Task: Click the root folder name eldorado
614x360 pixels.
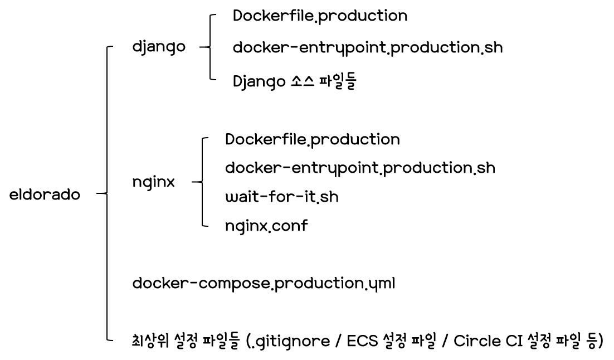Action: (x=45, y=196)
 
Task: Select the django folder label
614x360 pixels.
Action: (x=159, y=47)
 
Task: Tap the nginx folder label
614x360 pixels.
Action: (x=153, y=182)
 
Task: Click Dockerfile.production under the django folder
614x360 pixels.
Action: (x=320, y=16)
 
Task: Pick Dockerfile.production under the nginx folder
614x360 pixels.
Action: (x=312, y=139)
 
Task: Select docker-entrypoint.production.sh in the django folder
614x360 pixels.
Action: (x=367, y=48)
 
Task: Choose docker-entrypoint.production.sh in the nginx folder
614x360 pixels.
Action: (x=360, y=168)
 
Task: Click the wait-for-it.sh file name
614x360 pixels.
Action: (x=281, y=197)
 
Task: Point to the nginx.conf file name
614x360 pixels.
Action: (x=266, y=226)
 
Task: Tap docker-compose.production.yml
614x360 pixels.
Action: (x=264, y=283)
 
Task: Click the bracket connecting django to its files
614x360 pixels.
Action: (x=209, y=48)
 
